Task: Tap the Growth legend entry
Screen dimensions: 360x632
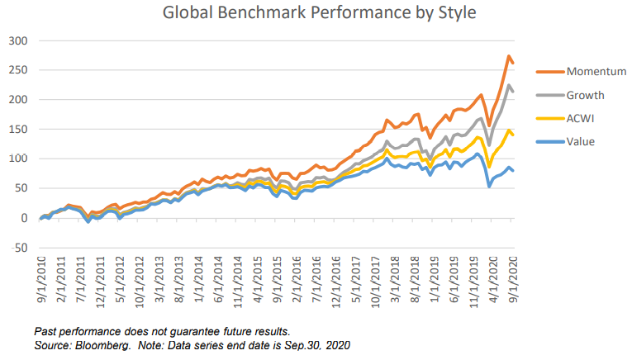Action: coord(586,95)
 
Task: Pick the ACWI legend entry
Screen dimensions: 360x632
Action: coord(582,118)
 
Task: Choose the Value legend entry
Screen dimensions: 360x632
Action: coord(582,141)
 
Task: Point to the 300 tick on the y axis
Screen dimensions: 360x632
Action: coord(18,40)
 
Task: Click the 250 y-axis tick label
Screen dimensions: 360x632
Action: coord(18,70)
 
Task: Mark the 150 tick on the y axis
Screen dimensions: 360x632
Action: coord(18,129)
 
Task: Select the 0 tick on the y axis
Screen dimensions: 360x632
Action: coord(24,218)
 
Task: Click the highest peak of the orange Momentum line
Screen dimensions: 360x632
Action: coord(508,56)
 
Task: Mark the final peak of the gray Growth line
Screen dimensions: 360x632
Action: coord(509,85)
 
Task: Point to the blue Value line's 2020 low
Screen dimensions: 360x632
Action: coord(490,186)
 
